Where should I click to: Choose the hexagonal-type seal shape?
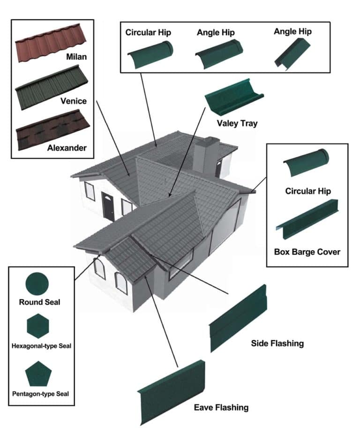tap(37, 326)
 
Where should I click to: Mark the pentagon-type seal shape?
tap(37, 374)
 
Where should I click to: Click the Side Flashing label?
tap(277, 344)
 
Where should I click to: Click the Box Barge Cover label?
tap(307, 252)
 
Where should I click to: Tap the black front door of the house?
tap(108, 206)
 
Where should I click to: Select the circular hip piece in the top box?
tap(150, 54)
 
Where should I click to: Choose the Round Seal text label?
tap(39, 302)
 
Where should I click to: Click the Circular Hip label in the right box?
tap(307, 191)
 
